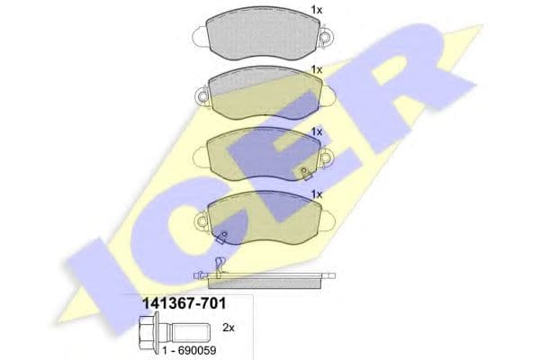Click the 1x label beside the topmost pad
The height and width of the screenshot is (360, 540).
coord(316,10)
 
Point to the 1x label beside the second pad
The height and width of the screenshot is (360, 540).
coord(316,69)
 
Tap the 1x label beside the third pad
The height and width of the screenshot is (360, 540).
coord(316,131)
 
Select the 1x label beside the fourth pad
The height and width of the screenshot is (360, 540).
coord(316,193)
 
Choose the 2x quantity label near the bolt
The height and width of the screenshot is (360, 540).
coord(228,328)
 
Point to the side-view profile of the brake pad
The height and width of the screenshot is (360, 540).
coord(263,278)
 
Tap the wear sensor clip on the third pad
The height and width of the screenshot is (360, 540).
coord(306,172)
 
